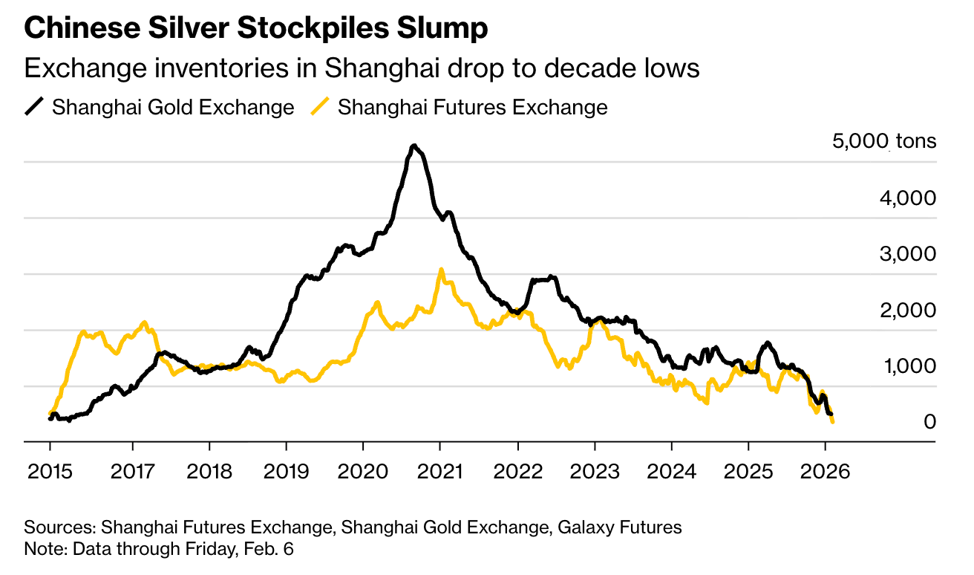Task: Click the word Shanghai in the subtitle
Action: [367, 68]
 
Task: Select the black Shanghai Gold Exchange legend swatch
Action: [34, 107]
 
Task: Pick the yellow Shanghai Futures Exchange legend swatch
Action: [320, 107]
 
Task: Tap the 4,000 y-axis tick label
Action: [909, 198]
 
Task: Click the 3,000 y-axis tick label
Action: [909, 254]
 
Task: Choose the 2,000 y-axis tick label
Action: [909, 311]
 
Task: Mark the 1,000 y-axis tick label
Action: [909, 366]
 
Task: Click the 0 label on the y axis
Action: [929, 422]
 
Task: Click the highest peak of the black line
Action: [414, 146]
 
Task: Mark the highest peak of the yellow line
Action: [441, 270]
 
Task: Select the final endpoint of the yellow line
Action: [833, 423]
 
